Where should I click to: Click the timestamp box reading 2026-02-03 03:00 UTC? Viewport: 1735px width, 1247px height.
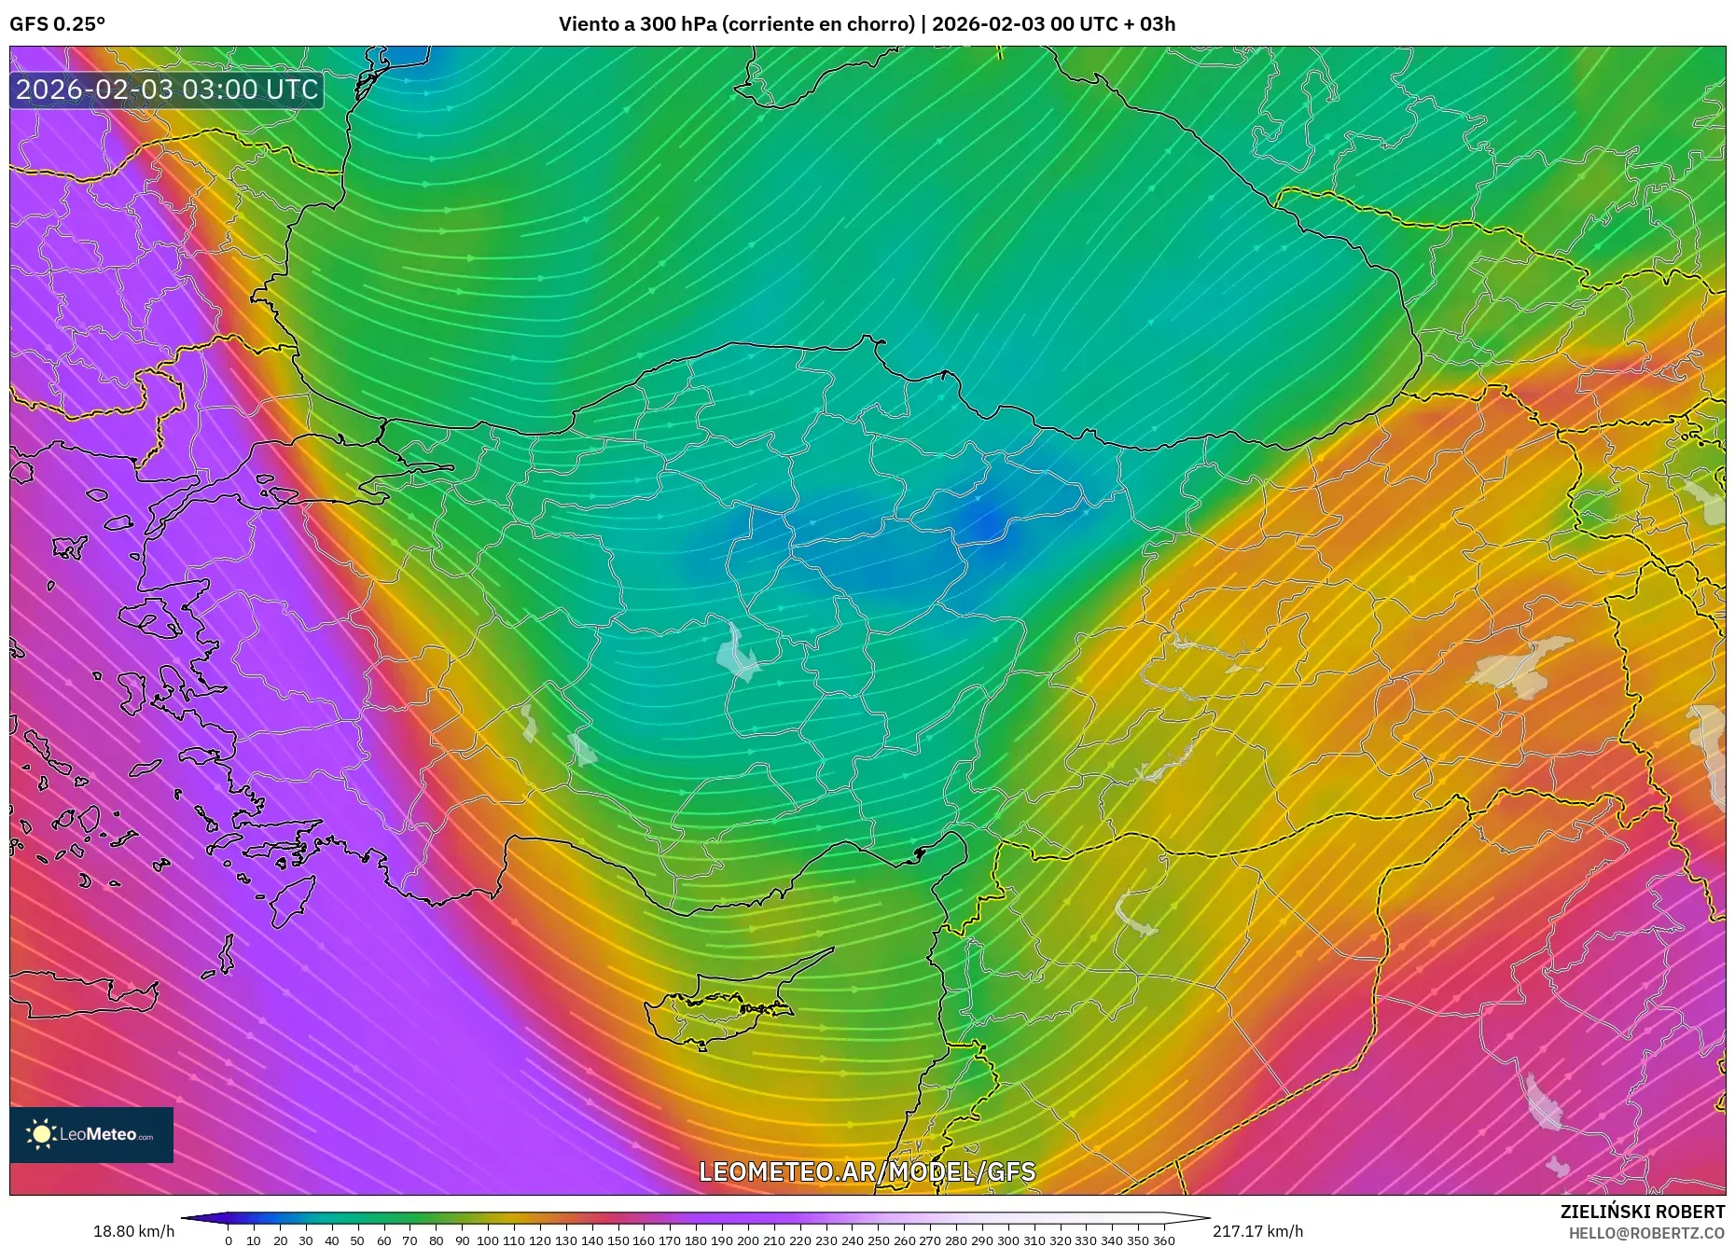[167, 90]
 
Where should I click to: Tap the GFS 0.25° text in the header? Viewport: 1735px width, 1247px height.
[57, 24]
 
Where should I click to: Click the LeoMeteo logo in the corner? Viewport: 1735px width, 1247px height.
[91, 1134]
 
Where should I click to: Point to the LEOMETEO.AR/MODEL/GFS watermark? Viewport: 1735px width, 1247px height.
[867, 1171]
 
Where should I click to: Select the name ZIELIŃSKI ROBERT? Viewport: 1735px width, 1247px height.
[1642, 1212]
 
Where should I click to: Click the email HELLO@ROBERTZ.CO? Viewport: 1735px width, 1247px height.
[1646, 1233]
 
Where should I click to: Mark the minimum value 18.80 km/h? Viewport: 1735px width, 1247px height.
[133, 1231]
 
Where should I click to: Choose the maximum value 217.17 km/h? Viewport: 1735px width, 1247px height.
[1257, 1231]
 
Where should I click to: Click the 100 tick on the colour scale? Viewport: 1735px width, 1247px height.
[487, 1240]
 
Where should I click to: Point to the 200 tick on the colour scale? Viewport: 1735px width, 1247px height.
[747, 1240]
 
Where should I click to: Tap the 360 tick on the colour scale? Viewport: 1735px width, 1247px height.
[1163, 1240]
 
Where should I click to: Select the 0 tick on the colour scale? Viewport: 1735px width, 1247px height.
[229, 1240]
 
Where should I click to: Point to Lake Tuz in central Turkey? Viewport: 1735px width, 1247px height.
[738, 653]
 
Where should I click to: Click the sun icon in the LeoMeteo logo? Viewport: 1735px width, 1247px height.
[41, 1134]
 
